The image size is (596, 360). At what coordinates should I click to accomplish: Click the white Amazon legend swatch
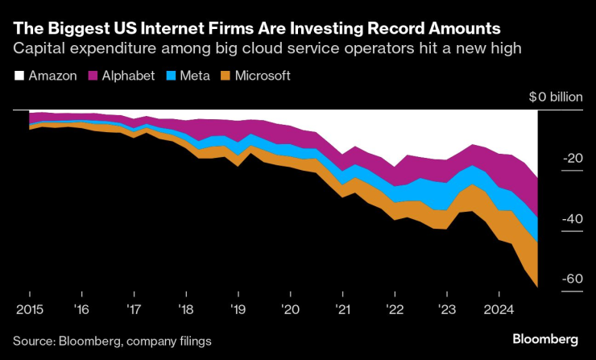click(19, 76)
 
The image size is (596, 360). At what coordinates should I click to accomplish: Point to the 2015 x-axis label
click(29, 308)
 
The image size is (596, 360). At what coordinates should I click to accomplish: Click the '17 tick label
click(134, 308)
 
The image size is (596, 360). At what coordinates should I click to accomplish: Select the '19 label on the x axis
click(237, 308)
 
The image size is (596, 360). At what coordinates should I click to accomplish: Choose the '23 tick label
click(446, 308)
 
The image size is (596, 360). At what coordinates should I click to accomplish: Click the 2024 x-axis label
click(499, 308)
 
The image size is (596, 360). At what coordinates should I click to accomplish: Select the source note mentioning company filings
click(112, 341)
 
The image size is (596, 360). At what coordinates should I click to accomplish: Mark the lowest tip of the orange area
click(536, 286)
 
